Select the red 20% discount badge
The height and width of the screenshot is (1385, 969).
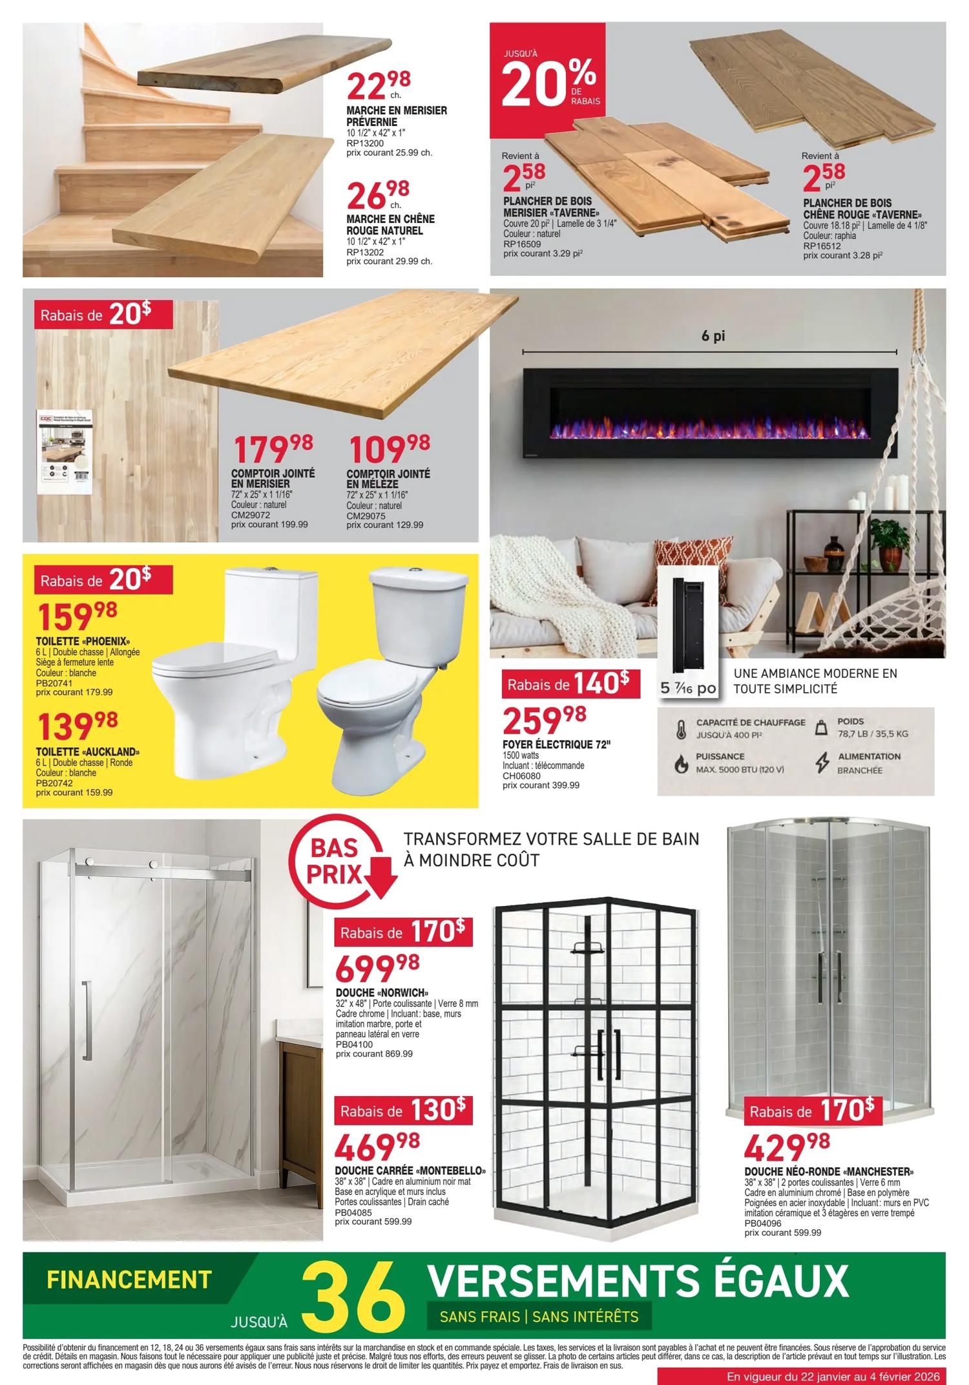547,80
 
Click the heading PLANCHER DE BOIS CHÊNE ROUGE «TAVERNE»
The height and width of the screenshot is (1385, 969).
862,209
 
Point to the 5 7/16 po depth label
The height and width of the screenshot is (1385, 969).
688,688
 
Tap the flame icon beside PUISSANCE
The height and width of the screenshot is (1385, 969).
680,765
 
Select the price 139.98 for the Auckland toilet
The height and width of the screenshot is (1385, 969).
78,727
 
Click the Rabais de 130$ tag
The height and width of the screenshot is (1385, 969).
403,1111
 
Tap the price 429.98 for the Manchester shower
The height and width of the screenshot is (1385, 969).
786,1147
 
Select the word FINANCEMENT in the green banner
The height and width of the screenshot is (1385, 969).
129,1279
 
